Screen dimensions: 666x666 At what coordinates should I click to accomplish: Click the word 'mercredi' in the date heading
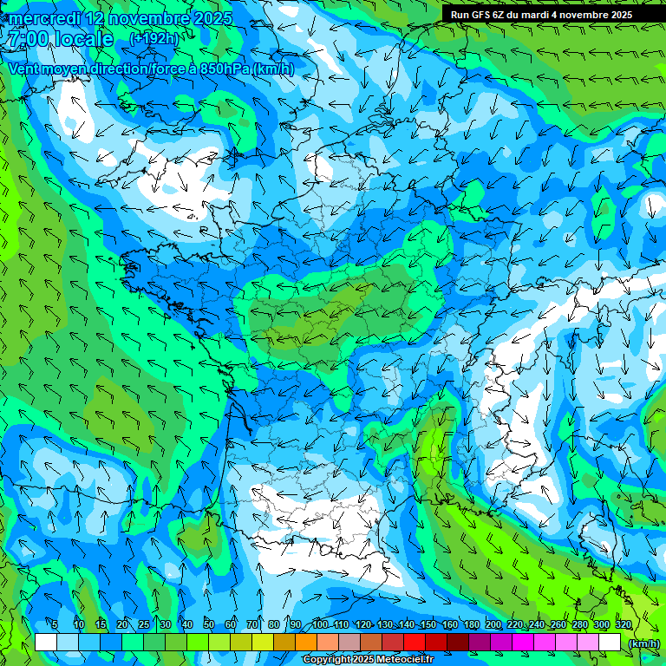pos(42,18)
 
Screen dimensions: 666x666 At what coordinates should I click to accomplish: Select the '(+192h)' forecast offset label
pos(153,38)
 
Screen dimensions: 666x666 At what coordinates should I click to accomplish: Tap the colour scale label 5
pos(54,625)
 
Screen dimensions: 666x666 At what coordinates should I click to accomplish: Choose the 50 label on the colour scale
pos(209,625)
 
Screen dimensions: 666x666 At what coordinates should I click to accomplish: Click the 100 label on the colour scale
pos(320,625)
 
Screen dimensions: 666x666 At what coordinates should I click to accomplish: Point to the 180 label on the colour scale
pos(472,625)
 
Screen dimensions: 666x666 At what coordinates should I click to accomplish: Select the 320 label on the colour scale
pos(624,625)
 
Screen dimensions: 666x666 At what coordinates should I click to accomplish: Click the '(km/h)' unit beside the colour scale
pos(643,643)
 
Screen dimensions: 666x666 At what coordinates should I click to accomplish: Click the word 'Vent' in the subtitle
pos(26,69)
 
